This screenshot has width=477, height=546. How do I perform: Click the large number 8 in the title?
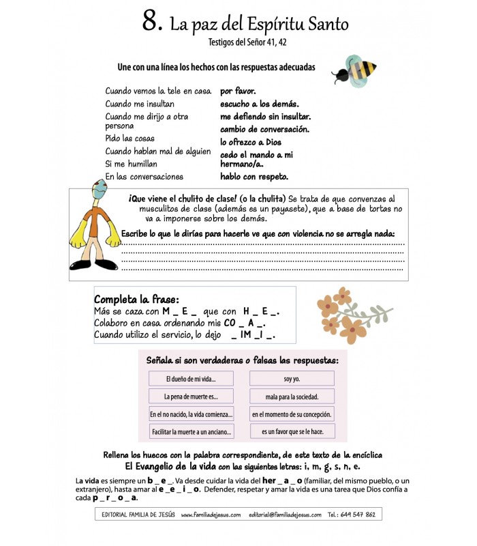pos(151,22)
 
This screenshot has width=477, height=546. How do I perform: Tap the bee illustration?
pos(354,70)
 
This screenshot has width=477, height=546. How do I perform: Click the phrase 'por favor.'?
pos(238,90)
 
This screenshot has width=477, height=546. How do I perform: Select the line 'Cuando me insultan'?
pos(140,104)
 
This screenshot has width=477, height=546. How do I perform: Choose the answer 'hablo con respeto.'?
pos(254,176)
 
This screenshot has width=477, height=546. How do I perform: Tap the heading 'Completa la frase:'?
pos(137,299)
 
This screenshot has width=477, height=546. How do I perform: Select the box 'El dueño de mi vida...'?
pos(191,379)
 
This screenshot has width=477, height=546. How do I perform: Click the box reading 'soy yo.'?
pos(292,379)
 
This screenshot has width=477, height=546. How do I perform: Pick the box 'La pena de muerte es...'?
pos(191,397)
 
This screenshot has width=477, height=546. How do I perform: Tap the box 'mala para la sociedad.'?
pos(292,397)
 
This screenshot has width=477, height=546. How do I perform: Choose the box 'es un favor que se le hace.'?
pos(292,432)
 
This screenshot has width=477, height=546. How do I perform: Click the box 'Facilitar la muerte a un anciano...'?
pos(191,432)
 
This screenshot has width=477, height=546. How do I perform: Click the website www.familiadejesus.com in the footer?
pos(211,515)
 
